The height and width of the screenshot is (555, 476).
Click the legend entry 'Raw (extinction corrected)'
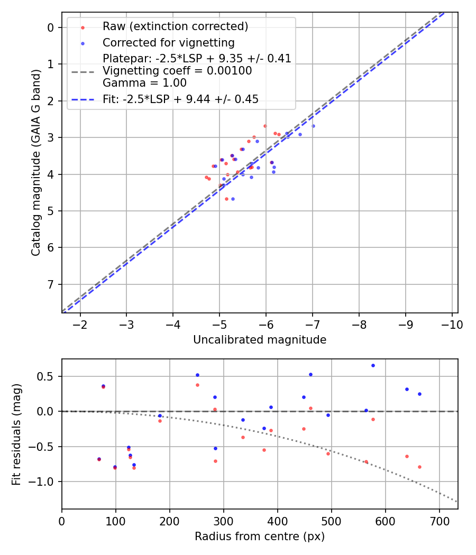(175, 26)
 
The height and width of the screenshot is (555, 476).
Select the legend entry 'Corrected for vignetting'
(168, 42)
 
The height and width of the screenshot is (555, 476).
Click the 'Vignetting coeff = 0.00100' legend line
(177, 71)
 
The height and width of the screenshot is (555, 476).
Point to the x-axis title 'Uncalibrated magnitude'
(260, 340)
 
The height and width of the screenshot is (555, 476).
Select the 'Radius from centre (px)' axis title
(260, 536)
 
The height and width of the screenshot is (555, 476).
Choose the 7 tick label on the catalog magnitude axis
(51, 284)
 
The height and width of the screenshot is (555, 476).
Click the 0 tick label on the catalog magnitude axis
(51, 27)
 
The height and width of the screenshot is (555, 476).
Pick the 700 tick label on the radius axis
(385, 521)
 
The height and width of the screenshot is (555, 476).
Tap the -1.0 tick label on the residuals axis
(44, 482)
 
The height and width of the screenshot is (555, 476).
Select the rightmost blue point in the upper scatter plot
(313, 126)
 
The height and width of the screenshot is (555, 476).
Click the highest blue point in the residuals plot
(373, 365)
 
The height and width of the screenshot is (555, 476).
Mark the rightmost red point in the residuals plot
(419, 467)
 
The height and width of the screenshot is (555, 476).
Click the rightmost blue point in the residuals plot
(419, 394)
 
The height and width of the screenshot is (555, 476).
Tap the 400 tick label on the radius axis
(223, 521)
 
